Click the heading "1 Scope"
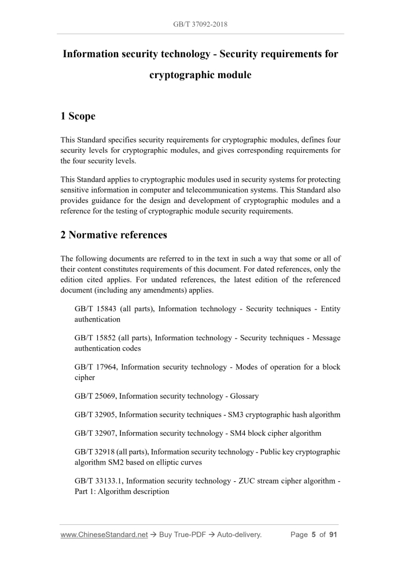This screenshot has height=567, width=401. (78, 116)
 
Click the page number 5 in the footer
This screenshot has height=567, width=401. (314, 535)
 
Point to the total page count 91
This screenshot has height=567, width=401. (333, 535)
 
